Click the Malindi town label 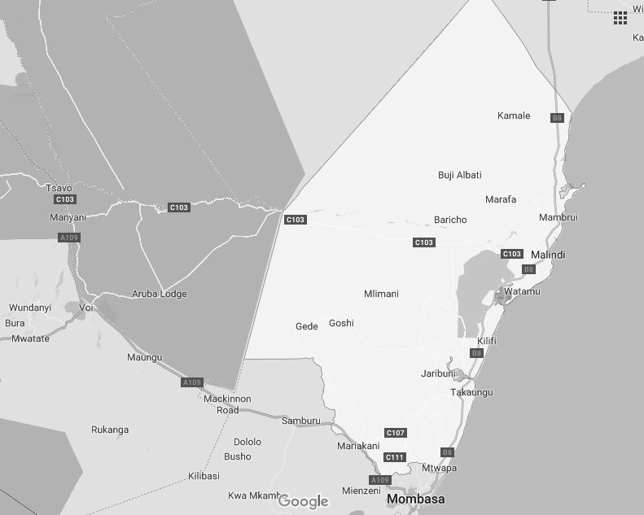tap(548, 255)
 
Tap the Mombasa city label tap(416, 498)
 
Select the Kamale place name tap(514, 116)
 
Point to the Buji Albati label tap(460, 175)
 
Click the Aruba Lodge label tap(160, 294)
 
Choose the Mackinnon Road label tap(227, 404)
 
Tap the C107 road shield tap(396, 433)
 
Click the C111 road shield tap(395, 457)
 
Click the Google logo tap(303, 501)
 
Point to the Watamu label tap(522, 291)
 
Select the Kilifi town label tap(487, 340)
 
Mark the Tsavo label tap(59, 188)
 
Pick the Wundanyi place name tap(30, 308)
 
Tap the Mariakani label tap(358, 446)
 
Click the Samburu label tap(301, 421)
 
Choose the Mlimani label tap(382, 294)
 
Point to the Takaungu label tap(471, 392)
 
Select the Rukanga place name tap(110, 430)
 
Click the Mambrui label tap(559, 217)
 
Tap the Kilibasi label tap(204, 475)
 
